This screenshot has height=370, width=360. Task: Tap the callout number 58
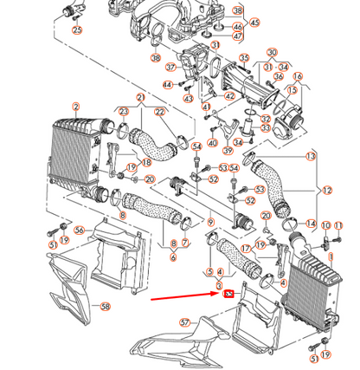pos(106,307)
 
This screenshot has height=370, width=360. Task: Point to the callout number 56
pos(79,230)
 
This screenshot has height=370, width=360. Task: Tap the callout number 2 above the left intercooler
pos(76,107)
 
